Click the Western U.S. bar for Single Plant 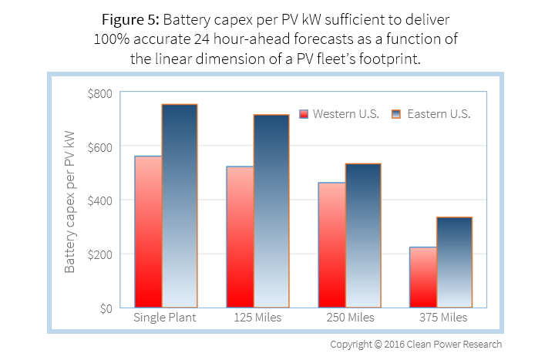(x=148, y=231)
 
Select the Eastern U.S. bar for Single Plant (x=180, y=206)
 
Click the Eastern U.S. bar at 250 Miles (x=363, y=235)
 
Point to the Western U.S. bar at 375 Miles (x=423, y=277)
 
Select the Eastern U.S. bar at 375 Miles (x=455, y=262)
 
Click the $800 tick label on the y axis (x=100, y=93)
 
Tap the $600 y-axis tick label (x=100, y=146)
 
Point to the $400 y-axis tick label (x=100, y=200)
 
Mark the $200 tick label (x=100, y=254)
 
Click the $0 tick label (x=106, y=308)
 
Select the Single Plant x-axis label (x=163, y=318)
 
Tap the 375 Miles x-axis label (x=439, y=318)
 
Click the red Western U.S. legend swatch (x=304, y=113)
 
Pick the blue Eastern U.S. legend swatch (x=398, y=113)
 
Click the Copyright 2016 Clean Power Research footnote (x=416, y=344)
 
